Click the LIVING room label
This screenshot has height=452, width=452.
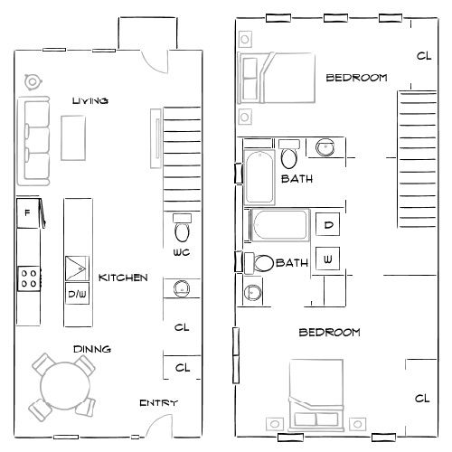[90, 101]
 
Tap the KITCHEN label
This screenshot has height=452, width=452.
[123, 278]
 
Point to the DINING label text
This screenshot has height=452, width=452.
[93, 348]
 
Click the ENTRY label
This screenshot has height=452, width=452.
[158, 403]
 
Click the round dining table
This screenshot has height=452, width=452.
[61, 384]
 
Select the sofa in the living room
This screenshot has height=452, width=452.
[36, 140]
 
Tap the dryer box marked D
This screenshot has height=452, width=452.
[327, 223]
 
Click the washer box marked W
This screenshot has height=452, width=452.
[327, 259]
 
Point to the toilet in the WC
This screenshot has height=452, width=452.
[181, 223]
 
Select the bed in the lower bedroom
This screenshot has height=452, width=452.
[315, 391]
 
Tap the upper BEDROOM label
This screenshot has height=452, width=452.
[356, 78]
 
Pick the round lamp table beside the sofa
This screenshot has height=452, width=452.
[33, 82]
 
